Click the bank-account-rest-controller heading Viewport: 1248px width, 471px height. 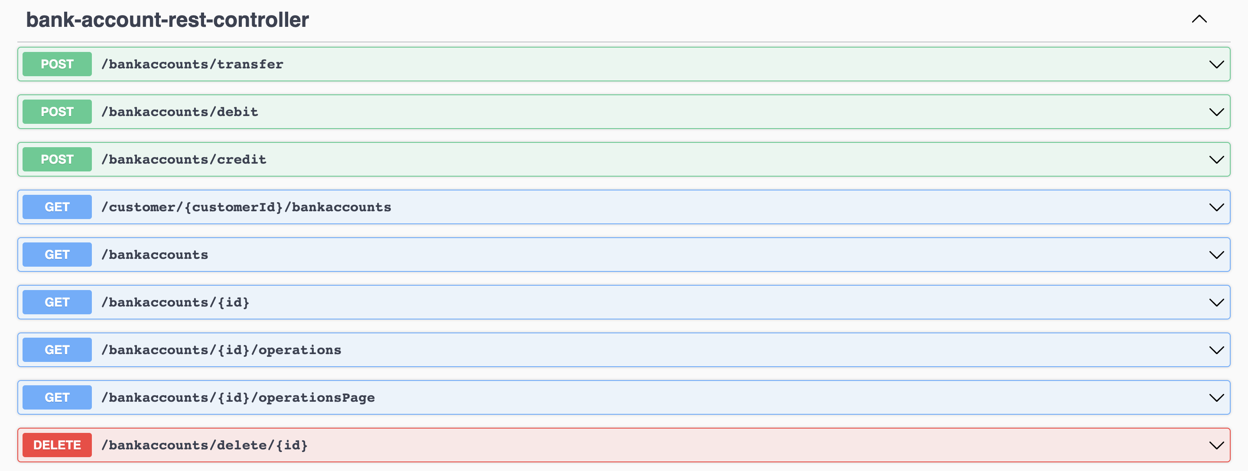[x=167, y=20]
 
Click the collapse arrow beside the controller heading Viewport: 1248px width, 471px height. [x=1199, y=19]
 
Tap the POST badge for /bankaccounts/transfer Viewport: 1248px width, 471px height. [x=57, y=64]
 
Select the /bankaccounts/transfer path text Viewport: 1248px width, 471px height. [x=192, y=64]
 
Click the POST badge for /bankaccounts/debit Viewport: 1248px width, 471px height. [x=57, y=112]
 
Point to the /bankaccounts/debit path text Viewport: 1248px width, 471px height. [x=180, y=112]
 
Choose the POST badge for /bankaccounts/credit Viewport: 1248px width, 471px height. [x=57, y=159]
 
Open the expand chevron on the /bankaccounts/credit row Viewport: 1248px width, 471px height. [x=1216, y=159]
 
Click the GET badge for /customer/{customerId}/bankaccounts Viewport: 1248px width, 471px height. [x=57, y=207]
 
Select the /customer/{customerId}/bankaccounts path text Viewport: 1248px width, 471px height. [x=246, y=207]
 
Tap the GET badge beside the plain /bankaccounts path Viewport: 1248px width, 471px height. [x=57, y=255]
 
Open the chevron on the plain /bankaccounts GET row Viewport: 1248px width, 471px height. [x=1216, y=255]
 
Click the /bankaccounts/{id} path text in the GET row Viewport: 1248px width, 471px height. [x=175, y=302]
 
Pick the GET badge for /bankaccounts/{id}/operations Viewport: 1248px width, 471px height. [x=57, y=350]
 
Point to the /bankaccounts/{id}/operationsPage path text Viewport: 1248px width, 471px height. [x=238, y=397]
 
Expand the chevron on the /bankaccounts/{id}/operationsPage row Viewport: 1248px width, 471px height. [x=1216, y=397]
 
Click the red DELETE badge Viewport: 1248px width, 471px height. [x=57, y=445]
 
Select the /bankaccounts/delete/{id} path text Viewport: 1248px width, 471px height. [x=205, y=445]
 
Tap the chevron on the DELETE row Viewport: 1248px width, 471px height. [x=1216, y=445]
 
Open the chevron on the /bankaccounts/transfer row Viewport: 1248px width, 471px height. [x=1216, y=64]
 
